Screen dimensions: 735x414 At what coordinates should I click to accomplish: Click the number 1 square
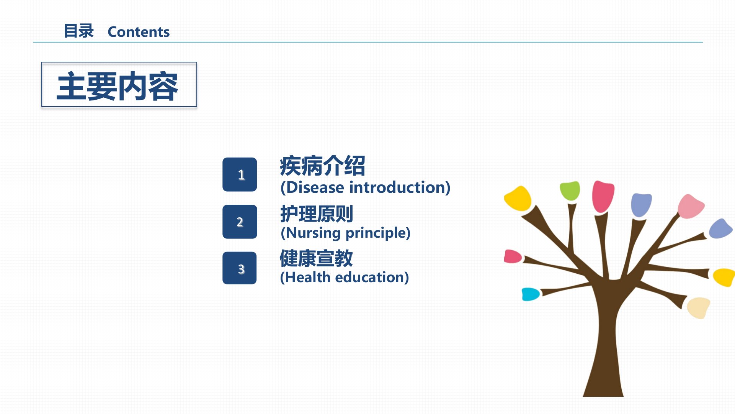tap(240, 174)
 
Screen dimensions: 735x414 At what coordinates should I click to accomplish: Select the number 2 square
tap(240, 222)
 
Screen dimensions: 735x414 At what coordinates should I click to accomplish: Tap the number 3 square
tap(240, 268)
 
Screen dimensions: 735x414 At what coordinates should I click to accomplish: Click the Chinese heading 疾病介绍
tap(322, 166)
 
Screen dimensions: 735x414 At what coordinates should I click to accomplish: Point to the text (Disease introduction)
tap(365, 187)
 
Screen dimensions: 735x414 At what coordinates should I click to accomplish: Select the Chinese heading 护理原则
tap(317, 214)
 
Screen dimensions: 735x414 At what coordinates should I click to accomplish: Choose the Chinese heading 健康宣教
tap(316, 258)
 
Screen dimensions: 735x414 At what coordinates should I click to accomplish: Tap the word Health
tap(308, 277)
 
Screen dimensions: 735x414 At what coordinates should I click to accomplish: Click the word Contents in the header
tap(139, 32)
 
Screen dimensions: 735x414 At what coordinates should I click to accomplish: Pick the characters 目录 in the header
tap(78, 31)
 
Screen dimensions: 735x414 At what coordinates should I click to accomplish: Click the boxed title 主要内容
tap(119, 84)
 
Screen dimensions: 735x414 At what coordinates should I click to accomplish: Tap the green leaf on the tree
tap(570, 191)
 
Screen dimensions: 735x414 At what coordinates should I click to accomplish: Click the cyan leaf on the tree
tap(531, 294)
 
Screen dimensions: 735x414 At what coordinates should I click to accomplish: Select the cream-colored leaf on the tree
tap(699, 307)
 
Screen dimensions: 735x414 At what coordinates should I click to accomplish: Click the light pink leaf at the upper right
tap(690, 206)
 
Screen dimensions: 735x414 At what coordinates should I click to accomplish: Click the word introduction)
tap(400, 187)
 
